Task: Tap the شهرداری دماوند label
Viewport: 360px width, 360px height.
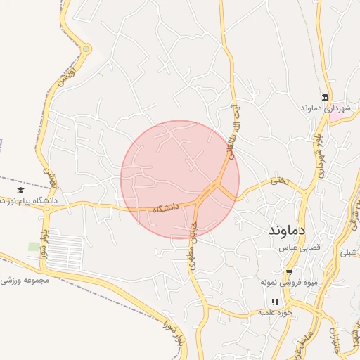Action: tap(325, 108)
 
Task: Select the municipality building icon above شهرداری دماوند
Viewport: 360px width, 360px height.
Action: tap(325, 97)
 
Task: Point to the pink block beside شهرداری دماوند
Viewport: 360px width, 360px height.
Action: tap(340, 116)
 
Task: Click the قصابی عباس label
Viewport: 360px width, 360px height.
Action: tap(300, 248)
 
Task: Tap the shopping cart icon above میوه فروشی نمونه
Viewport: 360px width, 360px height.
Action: tap(289, 272)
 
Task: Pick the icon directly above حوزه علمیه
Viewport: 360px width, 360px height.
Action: tap(276, 302)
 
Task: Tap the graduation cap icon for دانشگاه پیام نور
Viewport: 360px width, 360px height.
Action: tap(20, 191)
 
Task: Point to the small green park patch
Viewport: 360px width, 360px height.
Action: tap(34, 246)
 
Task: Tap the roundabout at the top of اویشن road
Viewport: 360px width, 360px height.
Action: tap(86, 49)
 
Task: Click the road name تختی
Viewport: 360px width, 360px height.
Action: tap(281, 182)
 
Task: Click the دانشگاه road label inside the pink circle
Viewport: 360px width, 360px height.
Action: tap(166, 208)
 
